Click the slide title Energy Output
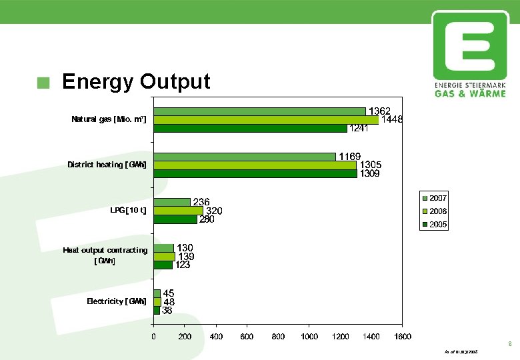(135, 81)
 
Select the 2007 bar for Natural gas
(259, 111)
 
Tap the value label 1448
(392, 119)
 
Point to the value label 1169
(350, 156)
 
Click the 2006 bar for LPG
(178, 211)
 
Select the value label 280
(207, 219)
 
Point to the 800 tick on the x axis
(278, 337)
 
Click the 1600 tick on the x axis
(402, 337)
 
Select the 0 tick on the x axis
(154, 337)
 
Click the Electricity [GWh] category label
(117, 301)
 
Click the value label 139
(186, 256)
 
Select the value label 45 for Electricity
(169, 293)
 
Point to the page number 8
(509, 345)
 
